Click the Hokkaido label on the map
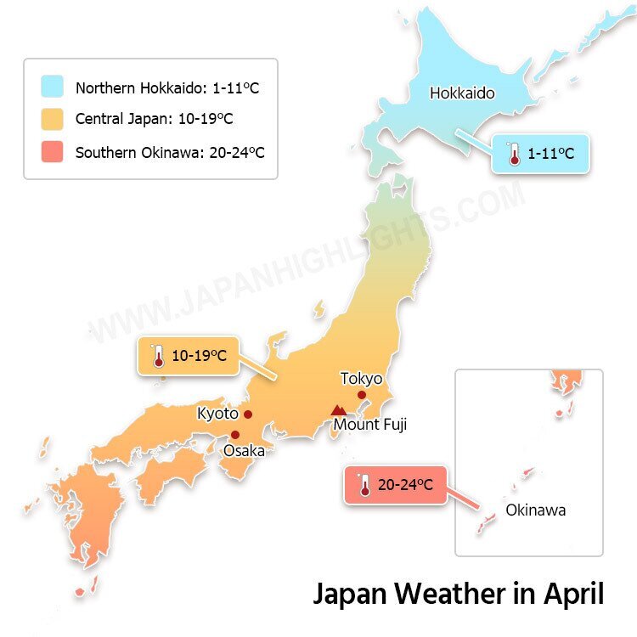[x=462, y=93]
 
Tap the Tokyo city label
[x=361, y=379]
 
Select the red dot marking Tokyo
[x=362, y=395]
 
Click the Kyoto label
[x=217, y=414]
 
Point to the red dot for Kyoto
[x=248, y=414]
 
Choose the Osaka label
[x=244, y=450]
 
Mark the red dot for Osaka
[x=235, y=435]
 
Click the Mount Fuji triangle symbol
[x=339, y=409]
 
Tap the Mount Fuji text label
[x=369, y=424]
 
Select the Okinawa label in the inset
[x=535, y=510]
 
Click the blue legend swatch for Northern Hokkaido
[x=52, y=87]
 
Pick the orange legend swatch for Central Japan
[x=52, y=120]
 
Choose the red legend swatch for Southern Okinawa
[x=52, y=152]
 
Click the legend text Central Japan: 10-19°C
[x=154, y=120]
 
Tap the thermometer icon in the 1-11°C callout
[x=513, y=154]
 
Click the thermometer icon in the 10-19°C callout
[x=158, y=357]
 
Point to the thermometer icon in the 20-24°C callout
[x=364, y=485]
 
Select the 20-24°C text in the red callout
[x=405, y=485]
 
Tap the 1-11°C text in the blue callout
[x=550, y=154]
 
